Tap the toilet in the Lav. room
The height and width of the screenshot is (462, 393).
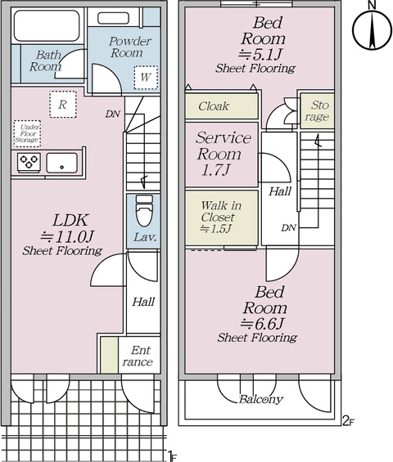point(144,210)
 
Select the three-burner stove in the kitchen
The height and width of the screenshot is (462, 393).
point(29,162)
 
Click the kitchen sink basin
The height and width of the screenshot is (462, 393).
point(61,163)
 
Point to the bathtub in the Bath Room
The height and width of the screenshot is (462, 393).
point(47,25)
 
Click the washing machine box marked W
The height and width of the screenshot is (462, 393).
point(146,78)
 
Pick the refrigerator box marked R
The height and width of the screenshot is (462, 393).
point(63,105)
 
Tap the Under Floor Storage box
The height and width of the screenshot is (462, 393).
point(27,133)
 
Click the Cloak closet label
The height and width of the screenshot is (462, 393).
point(214,106)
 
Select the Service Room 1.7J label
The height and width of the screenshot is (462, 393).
point(223,154)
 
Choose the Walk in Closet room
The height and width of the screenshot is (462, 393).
point(222,218)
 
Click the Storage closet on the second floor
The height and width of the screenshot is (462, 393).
point(317,110)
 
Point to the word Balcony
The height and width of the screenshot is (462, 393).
point(260,399)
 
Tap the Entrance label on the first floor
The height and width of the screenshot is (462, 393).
point(138,356)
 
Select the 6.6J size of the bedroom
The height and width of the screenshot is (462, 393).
point(262,324)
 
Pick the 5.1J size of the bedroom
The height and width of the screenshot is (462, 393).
point(261,54)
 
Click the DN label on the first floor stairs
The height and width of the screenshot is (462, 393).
point(113,114)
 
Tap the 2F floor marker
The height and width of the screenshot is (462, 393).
point(348,421)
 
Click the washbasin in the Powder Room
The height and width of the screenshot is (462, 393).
point(113,18)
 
